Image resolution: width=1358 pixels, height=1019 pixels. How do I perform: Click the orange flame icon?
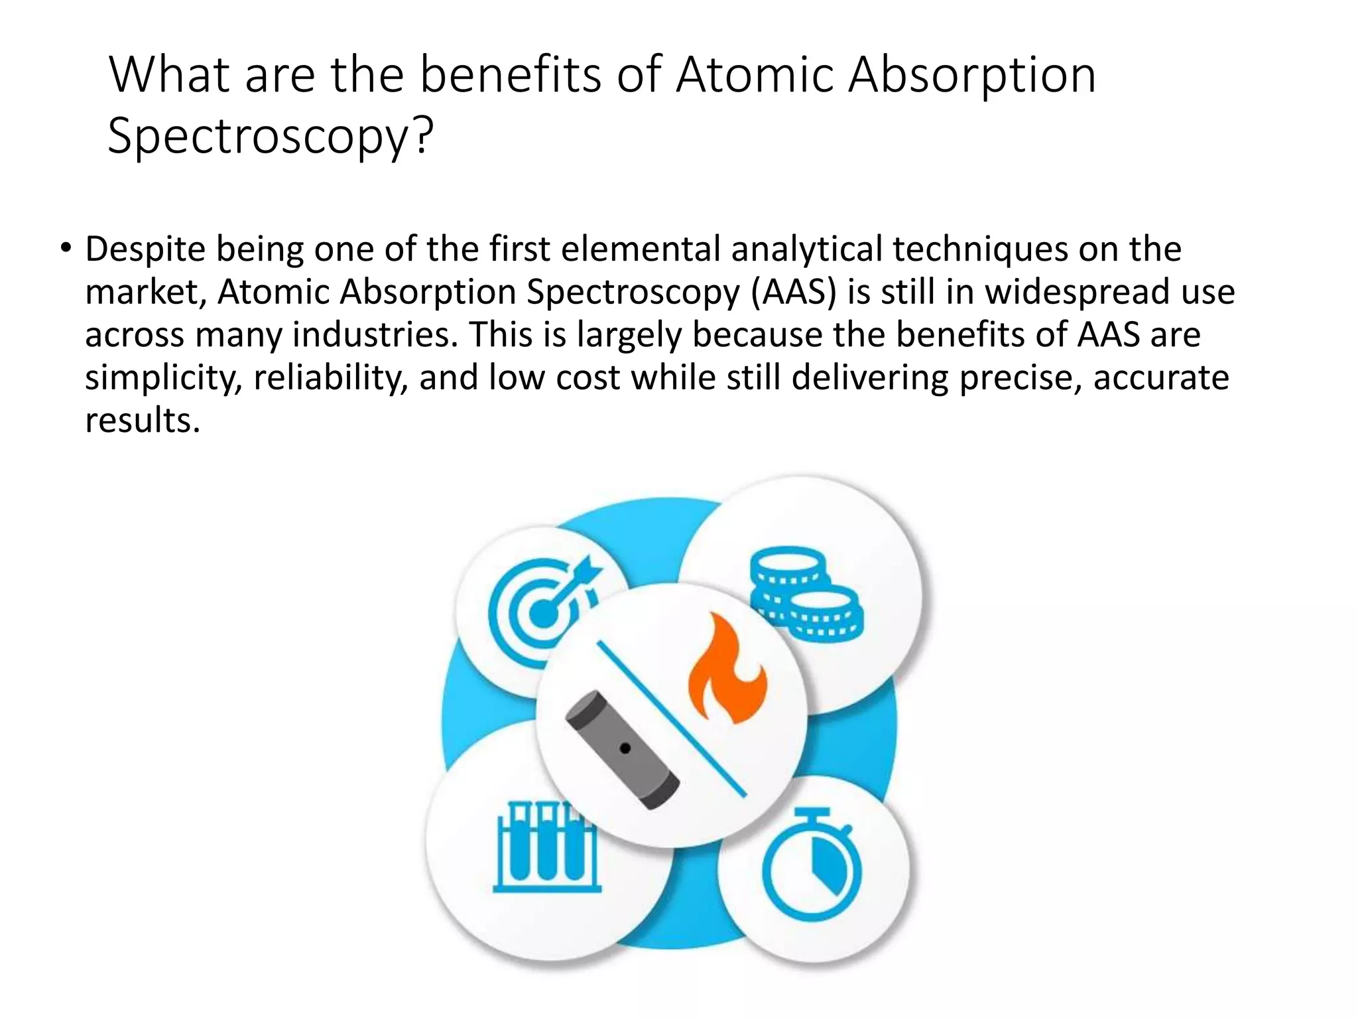[x=727, y=670]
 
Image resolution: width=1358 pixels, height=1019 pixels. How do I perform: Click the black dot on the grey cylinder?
[x=625, y=749]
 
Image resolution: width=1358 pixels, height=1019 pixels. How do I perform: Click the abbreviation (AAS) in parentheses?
[x=794, y=292]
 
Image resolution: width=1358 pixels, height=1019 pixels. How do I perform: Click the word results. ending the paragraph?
[x=143, y=421]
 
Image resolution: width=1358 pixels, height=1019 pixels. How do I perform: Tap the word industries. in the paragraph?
[x=376, y=335]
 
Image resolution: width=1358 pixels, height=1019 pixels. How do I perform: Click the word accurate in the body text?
[x=1161, y=378]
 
